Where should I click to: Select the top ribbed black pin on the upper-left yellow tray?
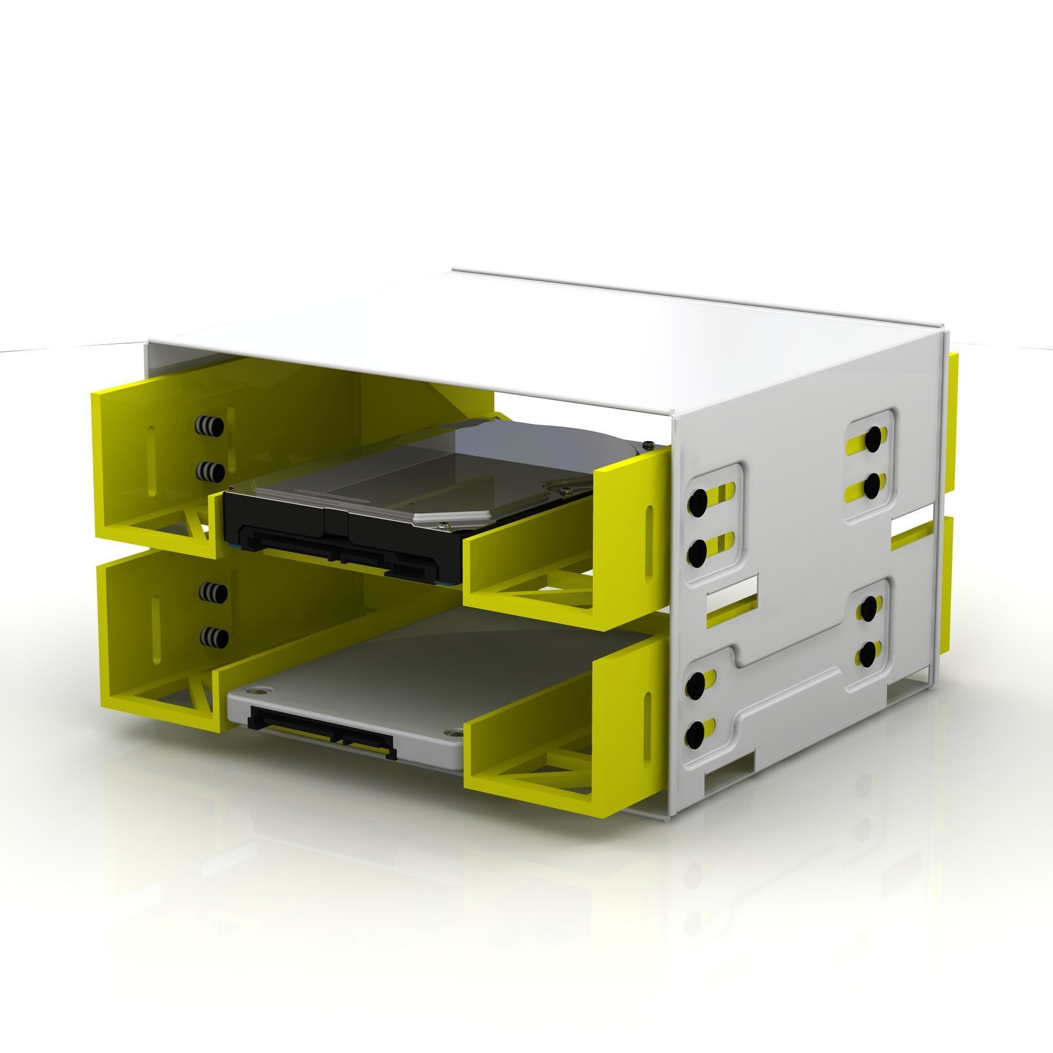coord(210,425)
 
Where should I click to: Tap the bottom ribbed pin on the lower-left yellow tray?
coord(214,637)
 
